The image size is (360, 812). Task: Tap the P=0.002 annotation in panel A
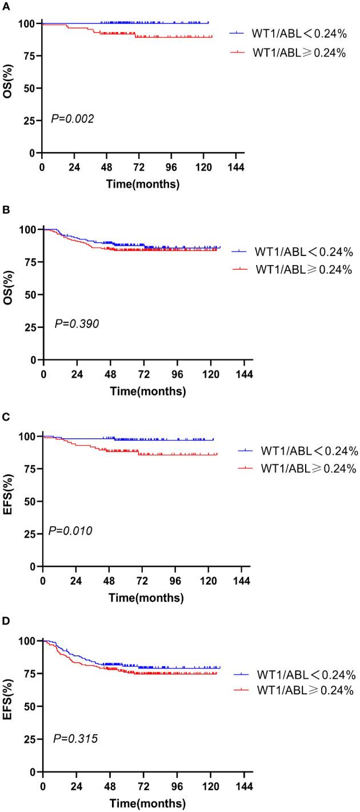71,119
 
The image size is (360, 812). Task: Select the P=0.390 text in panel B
77,324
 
